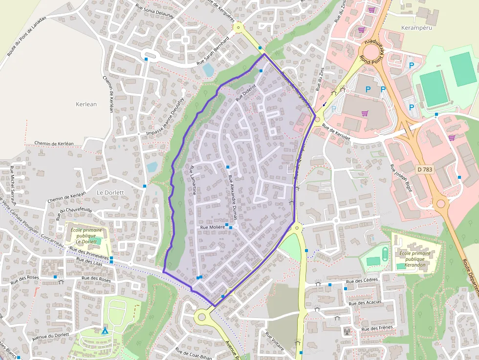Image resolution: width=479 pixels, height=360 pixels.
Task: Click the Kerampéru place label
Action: [417, 28]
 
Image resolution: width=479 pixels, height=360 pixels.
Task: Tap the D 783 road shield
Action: [425, 169]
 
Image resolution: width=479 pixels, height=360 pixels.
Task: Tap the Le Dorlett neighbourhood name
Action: [110, 192]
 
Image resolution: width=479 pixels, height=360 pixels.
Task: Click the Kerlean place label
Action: [87, 104]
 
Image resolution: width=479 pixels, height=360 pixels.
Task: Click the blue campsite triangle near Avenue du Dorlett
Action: [105, 331]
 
